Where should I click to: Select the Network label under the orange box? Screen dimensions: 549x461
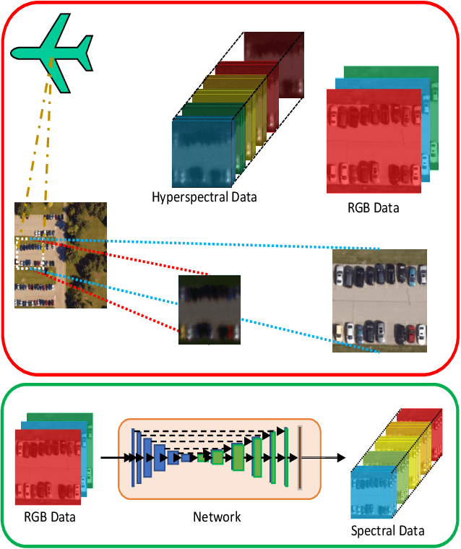pyautogui.click(x=217, y=516)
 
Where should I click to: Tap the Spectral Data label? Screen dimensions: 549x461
pyautogui.click(x=388, y=532)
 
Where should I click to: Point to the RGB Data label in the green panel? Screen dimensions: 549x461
pyautogui.click(x=50, y=516)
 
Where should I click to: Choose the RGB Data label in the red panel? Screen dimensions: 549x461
pyautogui.click(x=373, y=208)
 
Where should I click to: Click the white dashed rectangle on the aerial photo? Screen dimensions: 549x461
pyautogui.click(x=30, y=253)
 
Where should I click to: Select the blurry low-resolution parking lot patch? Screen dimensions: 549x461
pyautogui.click(x=210, y=309)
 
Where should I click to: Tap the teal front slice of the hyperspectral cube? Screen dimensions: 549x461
pyautogui.click(x=203, y=152)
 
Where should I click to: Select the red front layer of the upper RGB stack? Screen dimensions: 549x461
pyautogui.click(x=373, y=142)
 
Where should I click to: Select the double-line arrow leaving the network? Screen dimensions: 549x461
pyautogui.click(x=322, y=457)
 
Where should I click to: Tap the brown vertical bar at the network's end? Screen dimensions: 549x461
pyautogui.click(x=299, y=457)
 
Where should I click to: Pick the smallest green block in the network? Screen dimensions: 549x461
pyautogui.click(x=202, y=457)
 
